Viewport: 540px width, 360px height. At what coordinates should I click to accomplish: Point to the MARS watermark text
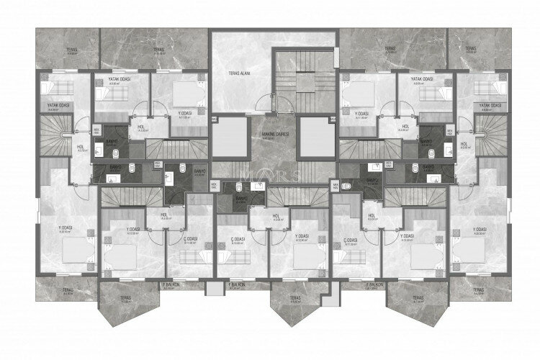click(271, 174)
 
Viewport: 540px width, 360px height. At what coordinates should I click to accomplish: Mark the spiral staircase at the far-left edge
click(54, 137)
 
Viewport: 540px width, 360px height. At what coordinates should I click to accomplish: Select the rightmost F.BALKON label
click(375, 285)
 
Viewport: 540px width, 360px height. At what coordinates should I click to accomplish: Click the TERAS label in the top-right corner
click(472, 49)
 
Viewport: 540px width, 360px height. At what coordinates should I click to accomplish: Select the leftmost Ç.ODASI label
click(190, 238)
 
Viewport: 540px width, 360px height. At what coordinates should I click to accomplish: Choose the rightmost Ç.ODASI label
click(351, 238)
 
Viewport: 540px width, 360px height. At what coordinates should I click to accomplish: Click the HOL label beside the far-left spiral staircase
click(81, 148)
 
